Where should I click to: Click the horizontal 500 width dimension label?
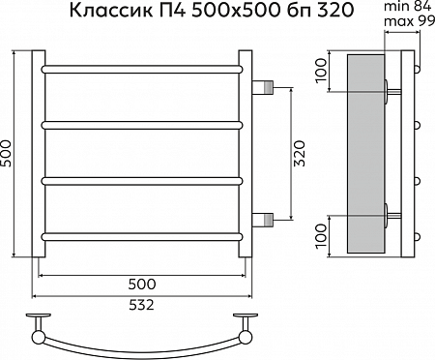[x=140, y=284]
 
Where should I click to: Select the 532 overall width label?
[x=140, y=306]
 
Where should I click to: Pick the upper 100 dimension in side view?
[x=322, y=72]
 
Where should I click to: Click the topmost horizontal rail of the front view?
[x=140, y=70]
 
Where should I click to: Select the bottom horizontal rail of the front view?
[x=140, y=235]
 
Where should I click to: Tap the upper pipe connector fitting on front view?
[x=264, y=87]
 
